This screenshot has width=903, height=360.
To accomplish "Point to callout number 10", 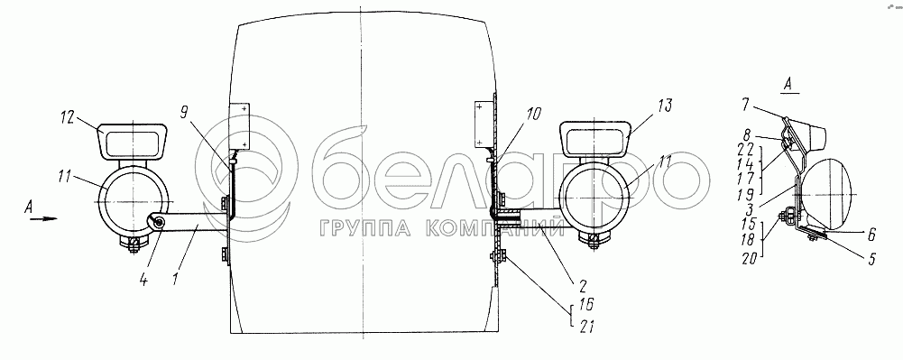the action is (533, 114).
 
